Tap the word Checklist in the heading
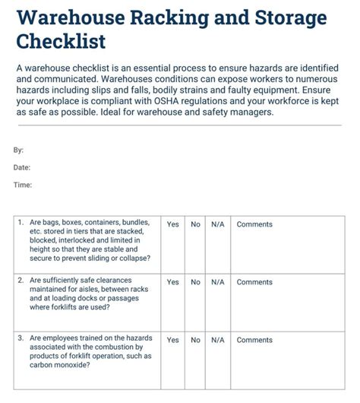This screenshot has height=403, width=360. click(x=62, y=42)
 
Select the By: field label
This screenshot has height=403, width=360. click(x=18, y=151)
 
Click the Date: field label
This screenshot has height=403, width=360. click(x=22, y=167)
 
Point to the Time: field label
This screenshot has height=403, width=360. click(x=22, y=185)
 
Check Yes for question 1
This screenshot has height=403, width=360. click(x=173, y=224)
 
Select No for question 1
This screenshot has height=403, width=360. click(x=195, y=224)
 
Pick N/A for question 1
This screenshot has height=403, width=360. click(x=218, y=224)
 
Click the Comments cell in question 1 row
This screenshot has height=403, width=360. click(x=254, y=224)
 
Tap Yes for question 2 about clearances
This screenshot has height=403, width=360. click(x=173, y=282)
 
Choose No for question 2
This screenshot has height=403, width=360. click(x=195, y=282)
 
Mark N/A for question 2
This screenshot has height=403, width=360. click(x=218, y=282)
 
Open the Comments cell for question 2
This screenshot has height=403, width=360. click(x=254, y=282)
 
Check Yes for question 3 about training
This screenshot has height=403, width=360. click(x=173, y=340)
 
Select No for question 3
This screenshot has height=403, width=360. click(x=195, y=340)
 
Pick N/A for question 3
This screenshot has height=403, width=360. click(x=218, y=340)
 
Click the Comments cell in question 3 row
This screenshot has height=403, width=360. click(x=254, y=340)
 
